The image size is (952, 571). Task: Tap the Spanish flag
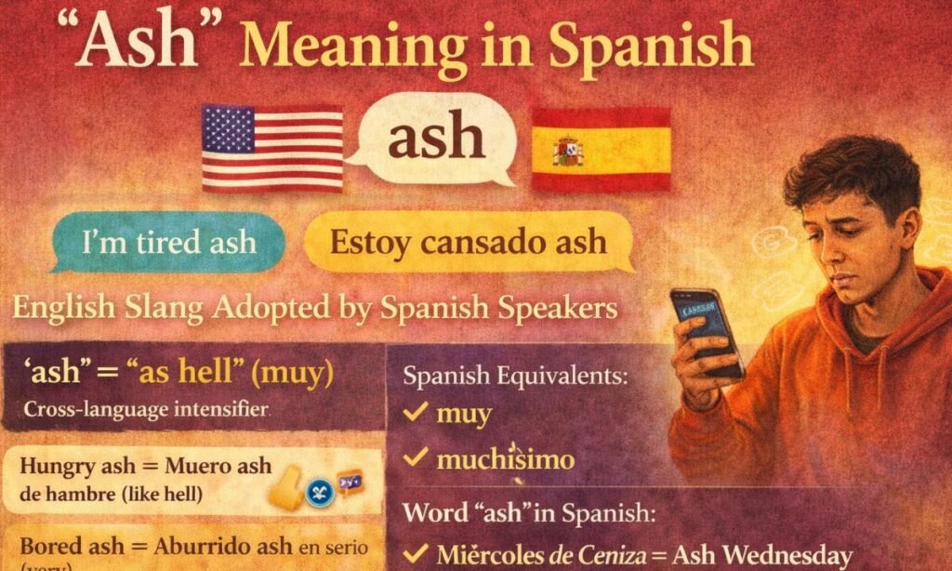pyautogui.click(x=601, y=149)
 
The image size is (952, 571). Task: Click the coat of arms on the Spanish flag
pyautogui.click(x=567, y=150)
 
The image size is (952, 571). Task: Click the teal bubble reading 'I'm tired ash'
pyautogui.click(x=168, y=242)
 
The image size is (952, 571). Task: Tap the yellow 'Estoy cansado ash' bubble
pyautogui.click(x=468, y=242)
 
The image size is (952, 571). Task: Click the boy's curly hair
pyautogui.click(x=841, y=172)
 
